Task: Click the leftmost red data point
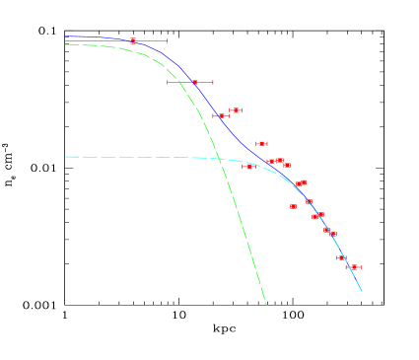[133, 40]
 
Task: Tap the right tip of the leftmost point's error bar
[167, 40]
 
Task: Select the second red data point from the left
[195, 82]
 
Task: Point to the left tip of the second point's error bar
[168, 82]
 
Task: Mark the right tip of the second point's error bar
[213, 82]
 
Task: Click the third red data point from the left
[221, 115]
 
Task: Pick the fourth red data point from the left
[236, 110]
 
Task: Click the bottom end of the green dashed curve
[266, 304]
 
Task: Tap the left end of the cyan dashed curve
[66, 157]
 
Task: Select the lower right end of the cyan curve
[362, 290]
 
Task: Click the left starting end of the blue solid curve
[66, 36]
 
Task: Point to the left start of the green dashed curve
[66, 44]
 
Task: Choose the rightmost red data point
[354, 266]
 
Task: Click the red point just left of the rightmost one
[341, 257]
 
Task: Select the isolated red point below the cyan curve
[293, 206]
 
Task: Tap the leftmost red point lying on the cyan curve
[248, 166]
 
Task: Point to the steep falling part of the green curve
[237, 217]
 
